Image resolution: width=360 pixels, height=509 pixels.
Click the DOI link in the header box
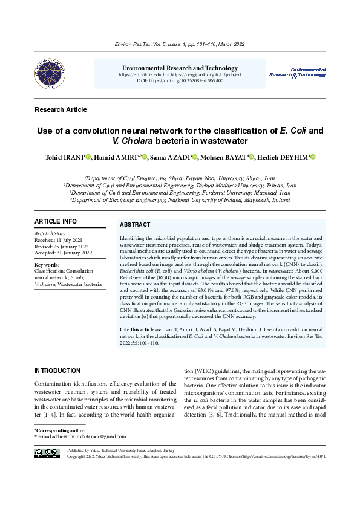pyautogui.click(x=180, y=80)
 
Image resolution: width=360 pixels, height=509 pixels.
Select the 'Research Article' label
pyautogui.click(x=61, y=109)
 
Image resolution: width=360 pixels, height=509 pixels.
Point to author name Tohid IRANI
pyautogui.click(x=63, y=157)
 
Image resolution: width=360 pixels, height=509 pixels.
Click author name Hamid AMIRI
pyautogui.click(x=117, y=157)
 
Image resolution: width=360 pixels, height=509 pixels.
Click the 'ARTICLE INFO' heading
pyautogui.click(x=55, y=222)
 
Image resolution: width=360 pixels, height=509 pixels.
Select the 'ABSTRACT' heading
pyautogui.click(x=135, y=224)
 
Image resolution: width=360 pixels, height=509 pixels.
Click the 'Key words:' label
pyautogui.click(x=47, y=265)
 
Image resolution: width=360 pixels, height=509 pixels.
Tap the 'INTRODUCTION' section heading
pyautogui.click(x=57, y=371)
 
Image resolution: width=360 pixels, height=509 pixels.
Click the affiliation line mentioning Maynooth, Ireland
pyautogui.click(x=180, y=199)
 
